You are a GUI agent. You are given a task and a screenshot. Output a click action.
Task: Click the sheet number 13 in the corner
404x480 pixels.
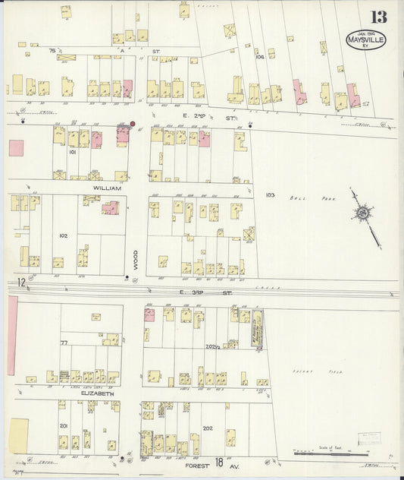click(378, 17)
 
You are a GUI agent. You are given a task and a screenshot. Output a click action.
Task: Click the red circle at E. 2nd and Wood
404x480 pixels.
click(133, 123)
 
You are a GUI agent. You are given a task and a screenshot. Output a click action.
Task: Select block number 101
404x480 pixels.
click(74, 152)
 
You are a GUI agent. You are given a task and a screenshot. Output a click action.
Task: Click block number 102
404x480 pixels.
click(63, 235)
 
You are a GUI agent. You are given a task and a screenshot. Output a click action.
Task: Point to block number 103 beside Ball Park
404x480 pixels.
click(270, 195)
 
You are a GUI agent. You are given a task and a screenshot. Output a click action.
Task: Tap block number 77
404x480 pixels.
click(64, 343)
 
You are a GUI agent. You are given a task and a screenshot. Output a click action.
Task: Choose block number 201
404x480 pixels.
click(64, 426)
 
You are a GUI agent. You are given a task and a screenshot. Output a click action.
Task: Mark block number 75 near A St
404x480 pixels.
click(52, 49)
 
